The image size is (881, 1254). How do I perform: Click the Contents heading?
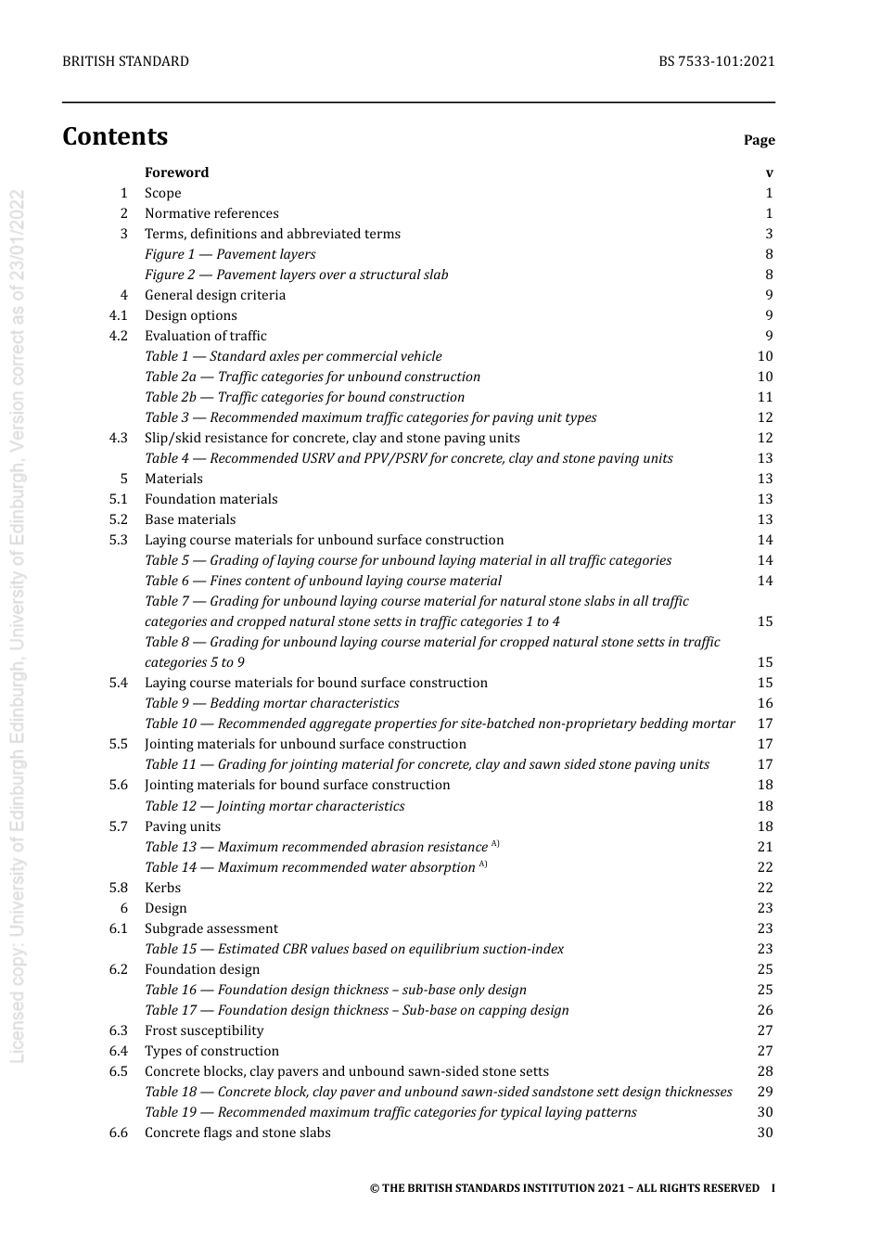pyautogui.click(x=115, y=136)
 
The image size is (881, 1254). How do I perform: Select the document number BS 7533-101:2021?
pyautogui.click(x=716, y=61)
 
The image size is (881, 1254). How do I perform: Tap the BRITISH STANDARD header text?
pyautogui.click(x=125, y=61)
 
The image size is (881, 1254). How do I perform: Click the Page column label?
pyautogui.click(x=759, y=140)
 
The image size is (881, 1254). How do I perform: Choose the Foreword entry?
pyautogui.click(x=176, y=173)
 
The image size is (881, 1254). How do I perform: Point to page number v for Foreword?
pyautogui.click(x=769, y=173)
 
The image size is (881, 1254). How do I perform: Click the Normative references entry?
pyautogui.click(x=211, y=213)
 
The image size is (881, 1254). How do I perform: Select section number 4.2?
pyautogui.click(x=118, y=336)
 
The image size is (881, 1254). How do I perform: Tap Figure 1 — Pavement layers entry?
pyautogui.click(x=230, y=254)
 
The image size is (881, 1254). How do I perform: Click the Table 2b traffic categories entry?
pyautogui.click(x=304, y=397)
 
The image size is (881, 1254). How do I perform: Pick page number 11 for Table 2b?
pyautogui.click(x=765, y=397)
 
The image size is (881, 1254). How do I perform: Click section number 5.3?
pyautogui.click(x=118, y=540)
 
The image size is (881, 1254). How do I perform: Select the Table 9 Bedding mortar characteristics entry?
pyautogui.click(x=272, y=703)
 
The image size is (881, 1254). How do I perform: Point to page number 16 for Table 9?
pyautogui.click(x=765, y=703)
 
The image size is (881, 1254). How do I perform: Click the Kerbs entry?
pyautogui.click(x=162, y=888)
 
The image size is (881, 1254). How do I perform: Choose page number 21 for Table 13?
pyautogui.click(x=765, y=847)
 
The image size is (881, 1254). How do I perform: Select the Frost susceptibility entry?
pyautogui.click(x=204, y=1030)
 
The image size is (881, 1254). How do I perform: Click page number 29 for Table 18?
pyautogui.click(x=765, y=1092)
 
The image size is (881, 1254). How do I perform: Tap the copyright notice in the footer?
pyautogui.click(x=564, y=1188)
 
